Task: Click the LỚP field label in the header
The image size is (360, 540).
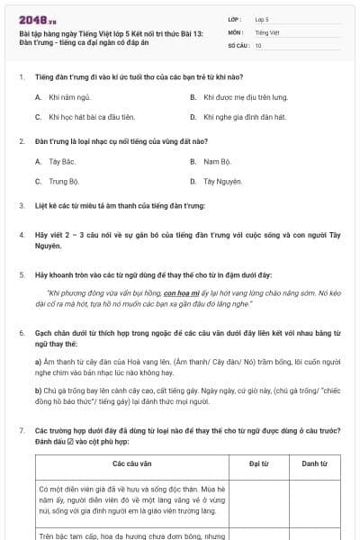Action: coord(235,18)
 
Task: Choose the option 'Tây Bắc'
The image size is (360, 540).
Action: coord(61,162)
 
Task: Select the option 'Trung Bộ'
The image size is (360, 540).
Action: coord(64,181)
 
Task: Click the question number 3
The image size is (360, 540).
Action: coord(21,206)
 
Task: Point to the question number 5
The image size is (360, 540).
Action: coord(21,274)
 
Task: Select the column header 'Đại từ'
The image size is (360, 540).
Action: coord(259,463)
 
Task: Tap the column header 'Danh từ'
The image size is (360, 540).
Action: coord(313,463)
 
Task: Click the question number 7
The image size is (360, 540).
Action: coord(21,431)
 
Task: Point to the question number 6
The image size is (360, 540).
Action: coord(21,332)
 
